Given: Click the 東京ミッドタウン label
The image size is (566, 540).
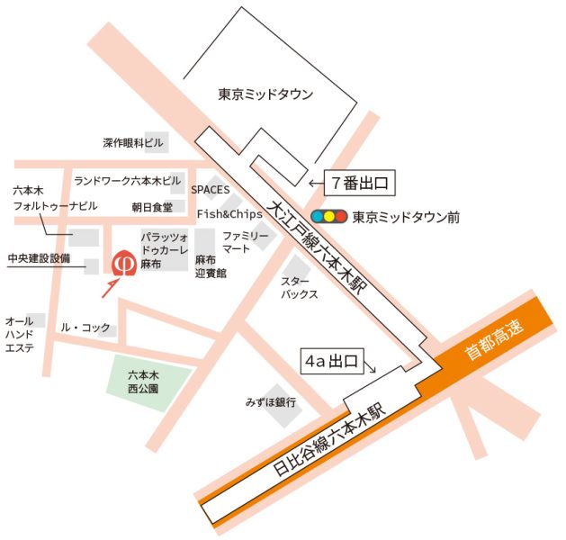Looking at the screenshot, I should point(265,94).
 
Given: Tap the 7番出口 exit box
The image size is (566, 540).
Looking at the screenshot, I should point(359,184).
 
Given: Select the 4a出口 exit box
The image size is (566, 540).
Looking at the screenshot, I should point(330,363).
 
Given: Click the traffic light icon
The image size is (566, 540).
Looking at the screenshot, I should point(329,217).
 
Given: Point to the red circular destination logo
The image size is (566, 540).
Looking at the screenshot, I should point(123,263).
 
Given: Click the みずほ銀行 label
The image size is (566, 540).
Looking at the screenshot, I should point(271,401).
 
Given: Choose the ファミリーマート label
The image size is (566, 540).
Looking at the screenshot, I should point(246,242).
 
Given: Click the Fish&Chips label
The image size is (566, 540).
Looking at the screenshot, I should point(229,214).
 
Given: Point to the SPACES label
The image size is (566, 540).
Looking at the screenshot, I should point(211,190).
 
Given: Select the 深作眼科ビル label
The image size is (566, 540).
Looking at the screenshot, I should point(133,142).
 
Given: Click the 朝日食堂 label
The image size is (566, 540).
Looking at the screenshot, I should point(151,207).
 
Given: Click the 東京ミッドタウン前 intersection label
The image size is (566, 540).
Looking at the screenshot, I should point(406,217).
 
